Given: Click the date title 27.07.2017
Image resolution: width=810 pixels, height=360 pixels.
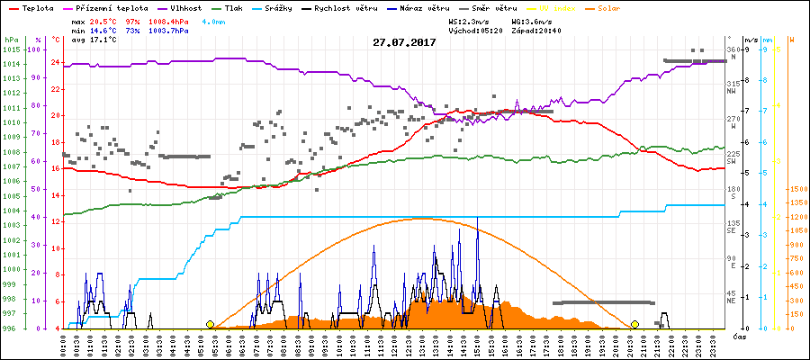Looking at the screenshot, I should click(404, 42).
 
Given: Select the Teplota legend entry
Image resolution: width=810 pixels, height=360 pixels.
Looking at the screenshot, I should click(32, 7).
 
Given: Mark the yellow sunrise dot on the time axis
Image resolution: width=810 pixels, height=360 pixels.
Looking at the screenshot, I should click(210, 324).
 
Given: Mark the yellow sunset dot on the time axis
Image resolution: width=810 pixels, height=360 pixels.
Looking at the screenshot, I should click(634, 324).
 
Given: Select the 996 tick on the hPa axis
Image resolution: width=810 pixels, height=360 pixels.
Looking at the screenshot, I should click(13, 328).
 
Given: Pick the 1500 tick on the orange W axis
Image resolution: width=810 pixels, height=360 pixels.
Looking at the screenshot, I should click(796, 190).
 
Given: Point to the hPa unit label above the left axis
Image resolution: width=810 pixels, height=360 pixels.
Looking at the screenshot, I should click(12, 40).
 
